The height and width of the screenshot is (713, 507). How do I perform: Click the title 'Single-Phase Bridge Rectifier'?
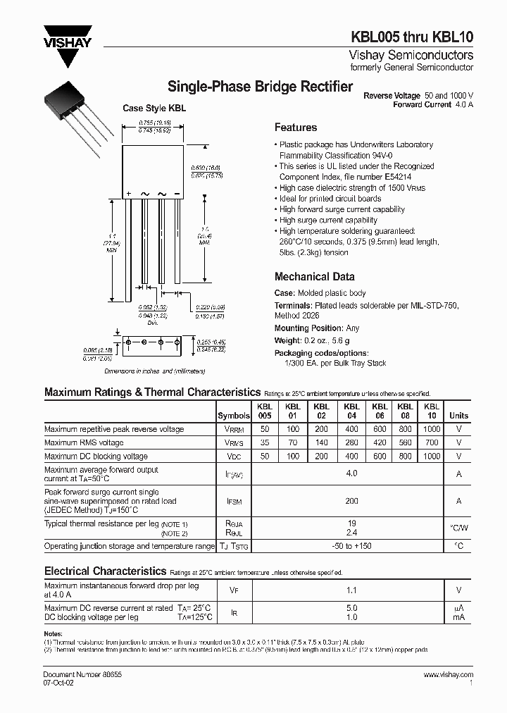pos(260,87)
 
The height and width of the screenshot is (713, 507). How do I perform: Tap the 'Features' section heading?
pos(295,128)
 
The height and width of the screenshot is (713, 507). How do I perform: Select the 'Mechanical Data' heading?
pos(314,277)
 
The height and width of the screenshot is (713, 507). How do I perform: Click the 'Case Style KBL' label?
pos(154,108)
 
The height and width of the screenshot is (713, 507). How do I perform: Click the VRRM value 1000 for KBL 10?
pos(432,429)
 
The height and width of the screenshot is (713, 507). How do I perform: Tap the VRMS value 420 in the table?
pos(380,442)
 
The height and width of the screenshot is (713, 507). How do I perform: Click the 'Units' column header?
pos(458,416)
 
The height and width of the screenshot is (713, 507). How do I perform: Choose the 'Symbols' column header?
pos(233,416)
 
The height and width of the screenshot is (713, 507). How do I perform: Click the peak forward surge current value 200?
pos(351,501)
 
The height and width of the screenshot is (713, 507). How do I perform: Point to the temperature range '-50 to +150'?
pos(351,546)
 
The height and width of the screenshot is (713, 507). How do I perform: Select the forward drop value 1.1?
pos(351,590)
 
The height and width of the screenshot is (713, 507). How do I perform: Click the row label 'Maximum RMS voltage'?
pos(84,442)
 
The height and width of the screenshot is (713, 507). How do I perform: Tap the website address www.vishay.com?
pos(449,674)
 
